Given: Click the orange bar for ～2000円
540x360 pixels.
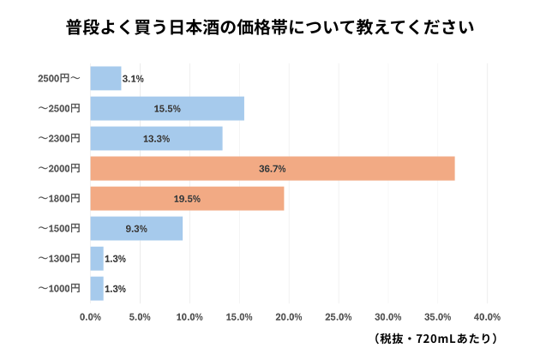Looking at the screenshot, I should pyautogui.click(x=272, y=169).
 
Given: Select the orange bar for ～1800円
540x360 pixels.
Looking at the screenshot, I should pyautogui.click(x=187, y=199).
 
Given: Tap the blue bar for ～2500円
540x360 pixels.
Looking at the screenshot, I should pyautogui.click(x=167, y=109).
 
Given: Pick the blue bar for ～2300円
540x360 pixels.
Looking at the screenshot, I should pyautogui.click(x=156, y=139).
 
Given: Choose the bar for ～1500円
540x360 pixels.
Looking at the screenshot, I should pyautogui.click(x=136, y=229).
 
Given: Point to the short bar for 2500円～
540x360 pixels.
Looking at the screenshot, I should pyautogui.click(x=105, y=79).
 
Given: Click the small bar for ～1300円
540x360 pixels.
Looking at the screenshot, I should pyautogui.click(x=97, y=259).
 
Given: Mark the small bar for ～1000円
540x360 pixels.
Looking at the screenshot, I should pyautogui.click(x=97, y=289).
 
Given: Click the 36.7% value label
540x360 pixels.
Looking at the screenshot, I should pyautogui.click(x=272, y=169).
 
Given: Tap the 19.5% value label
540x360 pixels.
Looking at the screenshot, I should pyautogui.click(x=187, y=199).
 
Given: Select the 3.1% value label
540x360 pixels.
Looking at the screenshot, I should pyautogui.click(x=134, y=79).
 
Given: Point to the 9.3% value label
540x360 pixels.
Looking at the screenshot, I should pyautogui.click(x=136, y=229).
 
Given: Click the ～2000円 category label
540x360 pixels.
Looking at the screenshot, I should pyautogui.click(x=59, y=169).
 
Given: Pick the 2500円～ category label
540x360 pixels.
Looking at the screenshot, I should pyautogui.click(x=59, y=79).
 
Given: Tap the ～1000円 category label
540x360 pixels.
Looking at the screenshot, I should pyautogui.click(x=59, y=289).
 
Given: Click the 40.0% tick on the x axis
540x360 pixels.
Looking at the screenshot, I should pyautogui.click(x=488, y=317).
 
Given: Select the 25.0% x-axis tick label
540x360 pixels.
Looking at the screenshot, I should pyautogui.click(x=339, y=317).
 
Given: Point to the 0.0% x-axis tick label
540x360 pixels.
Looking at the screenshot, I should pyautogui.click(x=90, y=317).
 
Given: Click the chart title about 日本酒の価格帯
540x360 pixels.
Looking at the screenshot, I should pyautogui.click(x=270, y=27).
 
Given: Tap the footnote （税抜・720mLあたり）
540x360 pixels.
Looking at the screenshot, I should pyautogui.click(x=436, y=339).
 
